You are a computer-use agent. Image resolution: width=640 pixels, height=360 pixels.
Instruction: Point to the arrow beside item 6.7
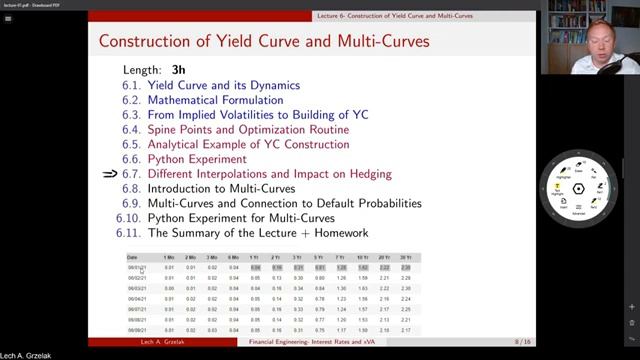click(110, 174)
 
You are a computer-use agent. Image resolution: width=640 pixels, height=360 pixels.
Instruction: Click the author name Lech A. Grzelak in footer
click(167, 343)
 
